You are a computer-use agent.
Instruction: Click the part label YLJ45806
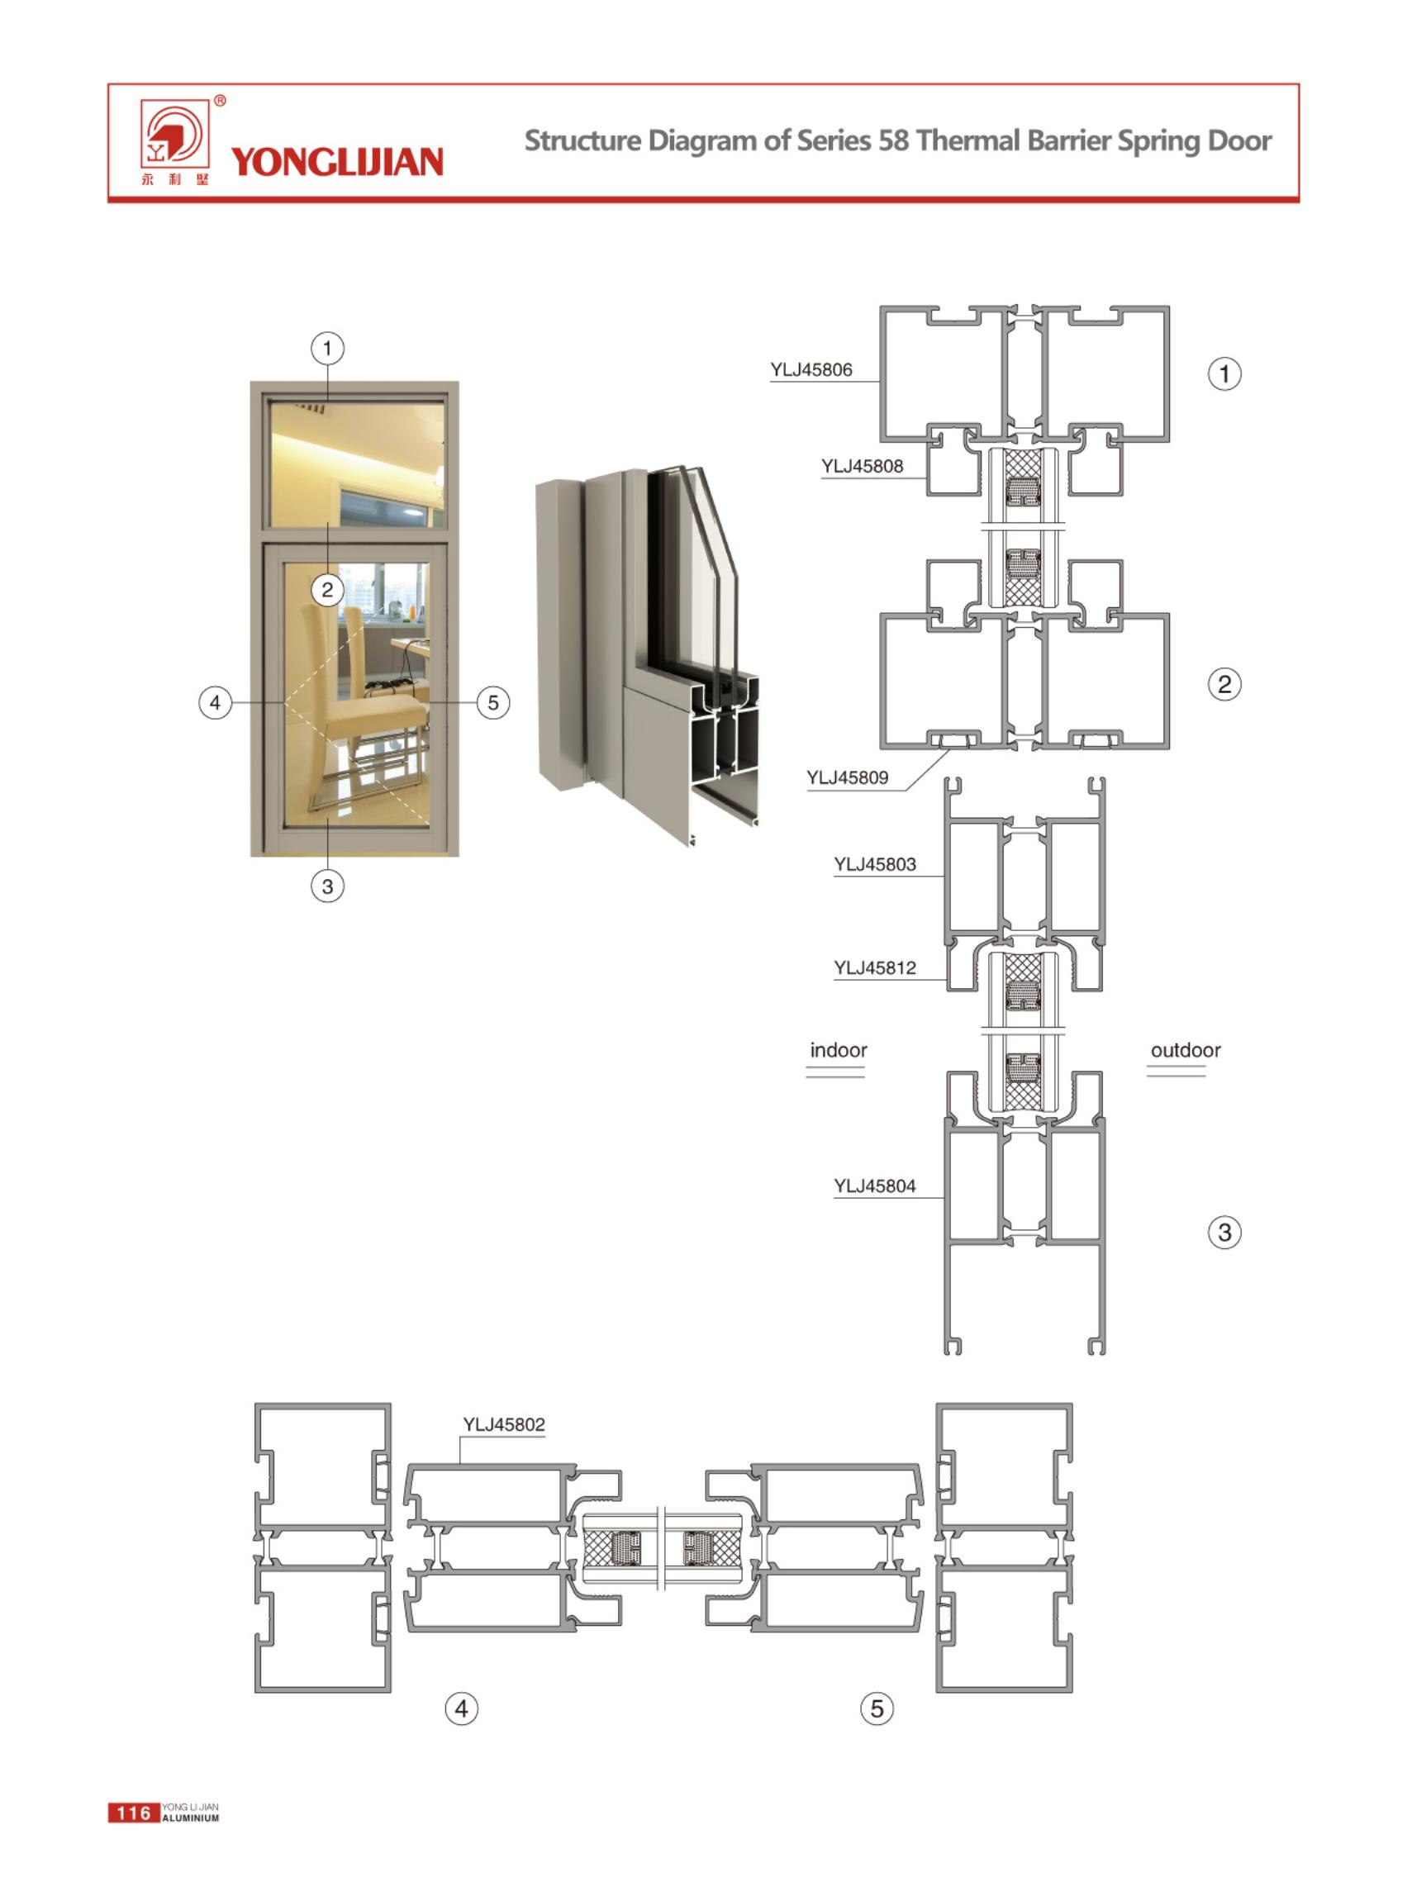[x=810, y=369]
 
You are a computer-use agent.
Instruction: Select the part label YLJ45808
[x=862, y=466]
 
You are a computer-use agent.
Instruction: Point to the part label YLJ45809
[x=847, y=777]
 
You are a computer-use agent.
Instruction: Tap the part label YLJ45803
[x=875, y=864]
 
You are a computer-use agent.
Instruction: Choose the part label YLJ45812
[x=875, y=967]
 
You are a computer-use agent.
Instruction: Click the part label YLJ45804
[x=875, y=1186]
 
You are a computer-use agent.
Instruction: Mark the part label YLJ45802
[x=503, y=1424]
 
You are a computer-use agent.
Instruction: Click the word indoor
[x=838, y=1050]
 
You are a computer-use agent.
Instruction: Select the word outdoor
[x=1186, y=1050]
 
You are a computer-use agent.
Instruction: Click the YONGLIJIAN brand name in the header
[x=337, y=162]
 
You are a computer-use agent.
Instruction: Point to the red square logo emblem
[x=174, y=135]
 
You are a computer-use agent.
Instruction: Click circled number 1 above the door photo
[x=327, y=349]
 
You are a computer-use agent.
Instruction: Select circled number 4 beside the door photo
[x=215, y=703]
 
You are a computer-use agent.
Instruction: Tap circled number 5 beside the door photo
[x=493, y=703]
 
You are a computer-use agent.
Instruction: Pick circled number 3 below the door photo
[x=327, y=886]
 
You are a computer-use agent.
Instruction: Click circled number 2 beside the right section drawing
[x=1224, y=684]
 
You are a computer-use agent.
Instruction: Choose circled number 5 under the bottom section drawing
[x=877, y=1708]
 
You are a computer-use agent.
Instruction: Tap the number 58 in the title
[x=894, y=140]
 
